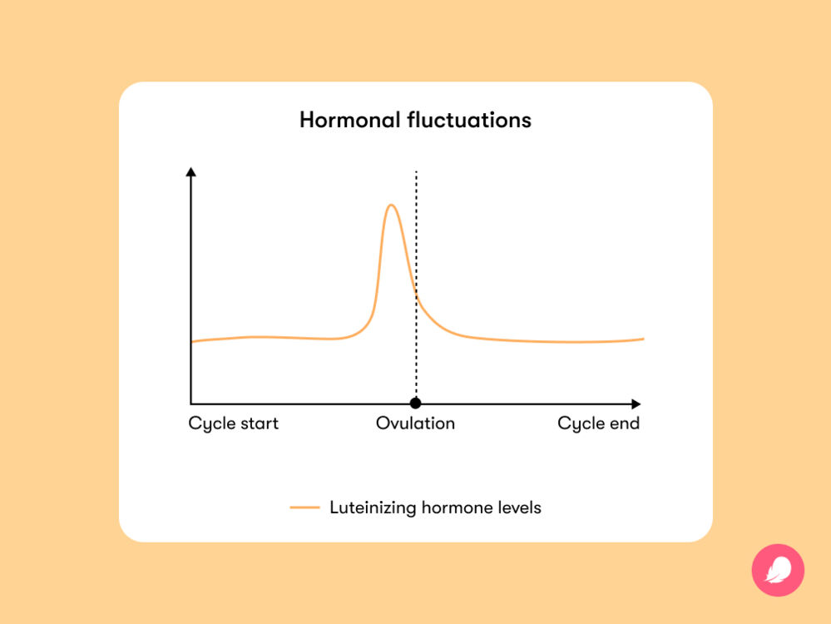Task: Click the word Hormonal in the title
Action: tap(349, 120)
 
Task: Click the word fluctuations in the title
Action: tap(469, 120)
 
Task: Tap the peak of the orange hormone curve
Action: tap(391, 206)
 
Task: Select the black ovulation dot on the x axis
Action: tap(416, 404)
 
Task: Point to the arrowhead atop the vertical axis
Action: tap(190, 171)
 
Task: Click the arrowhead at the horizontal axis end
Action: tap(636, 404)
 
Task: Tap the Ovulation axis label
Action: tap(416, 423)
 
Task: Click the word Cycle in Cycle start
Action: tap(211, 424)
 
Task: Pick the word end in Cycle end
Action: tap(625, 423)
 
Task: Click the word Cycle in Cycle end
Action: tap(581, 424)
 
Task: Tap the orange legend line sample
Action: tap(304, 508)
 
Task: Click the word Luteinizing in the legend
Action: tap(373, 508)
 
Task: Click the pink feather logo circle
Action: tap(778, 571)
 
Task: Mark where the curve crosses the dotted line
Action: tap(416, 295)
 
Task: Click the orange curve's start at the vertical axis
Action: tap(192, 341)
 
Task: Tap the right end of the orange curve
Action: tap(643, 339)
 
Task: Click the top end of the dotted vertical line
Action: tap(416, 171)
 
